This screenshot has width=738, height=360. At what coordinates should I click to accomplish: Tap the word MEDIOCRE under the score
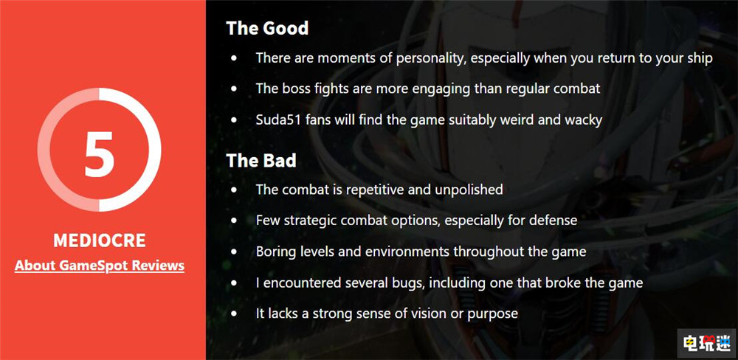100,240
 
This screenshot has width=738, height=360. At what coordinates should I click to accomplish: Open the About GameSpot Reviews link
100,266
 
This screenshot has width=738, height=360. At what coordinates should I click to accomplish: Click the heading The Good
267,28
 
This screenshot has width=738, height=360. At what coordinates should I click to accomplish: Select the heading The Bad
261,161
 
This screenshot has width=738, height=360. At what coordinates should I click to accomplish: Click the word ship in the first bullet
700,58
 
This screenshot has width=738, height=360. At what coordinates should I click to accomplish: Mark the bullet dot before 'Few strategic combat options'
235,221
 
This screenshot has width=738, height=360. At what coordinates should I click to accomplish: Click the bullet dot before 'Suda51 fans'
235,120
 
